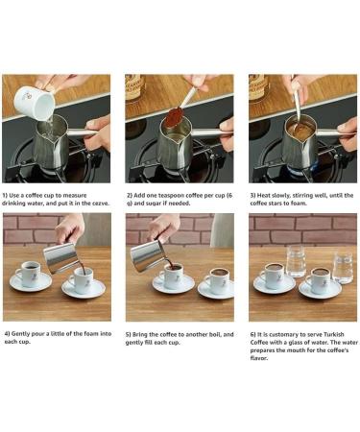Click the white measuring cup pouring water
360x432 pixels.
tap(34, 103)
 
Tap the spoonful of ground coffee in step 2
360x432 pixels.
tap(174, 117)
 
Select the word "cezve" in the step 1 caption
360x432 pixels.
tap(101, 204)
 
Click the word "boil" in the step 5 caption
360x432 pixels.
tap(214, 335)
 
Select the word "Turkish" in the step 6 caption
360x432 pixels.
tap(334, 334)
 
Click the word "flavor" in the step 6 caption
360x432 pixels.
tap(258, 358)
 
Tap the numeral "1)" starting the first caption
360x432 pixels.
tap(5, 195)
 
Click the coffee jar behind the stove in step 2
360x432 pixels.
tap(134, 87)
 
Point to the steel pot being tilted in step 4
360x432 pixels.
tap(60, 257)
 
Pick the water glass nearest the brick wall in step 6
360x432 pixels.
tap(296, 260)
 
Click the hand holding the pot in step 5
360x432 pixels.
tap(164, 228)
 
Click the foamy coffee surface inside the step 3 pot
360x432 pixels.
tap(299, 130)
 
